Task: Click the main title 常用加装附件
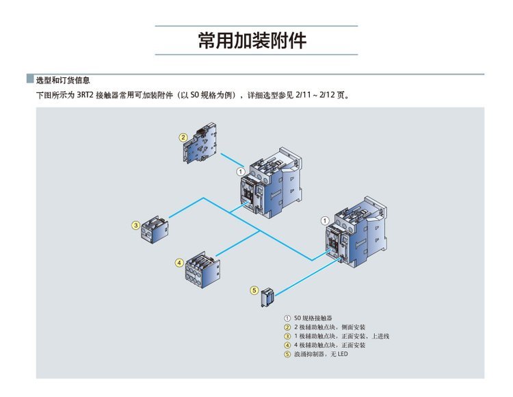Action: point(256,40)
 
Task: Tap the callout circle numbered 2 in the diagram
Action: point(183,138)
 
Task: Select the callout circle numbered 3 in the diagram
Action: point(136,225)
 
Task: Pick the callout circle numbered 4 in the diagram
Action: point(179,262)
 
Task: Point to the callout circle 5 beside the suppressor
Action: point(254,290)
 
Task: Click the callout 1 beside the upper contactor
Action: point(240,170)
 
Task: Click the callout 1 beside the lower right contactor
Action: point(324,220)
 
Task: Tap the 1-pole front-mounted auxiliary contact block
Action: point(155,228)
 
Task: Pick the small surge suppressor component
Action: point(267,297)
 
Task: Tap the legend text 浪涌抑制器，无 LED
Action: point(321,354)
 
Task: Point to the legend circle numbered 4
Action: point(287,345)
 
